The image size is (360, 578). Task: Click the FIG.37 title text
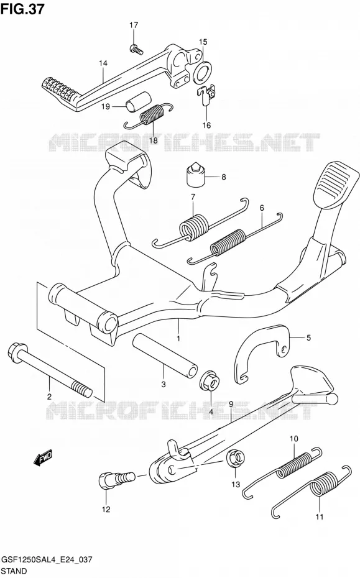(22, 9)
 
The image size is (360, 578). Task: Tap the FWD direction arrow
(43, 456)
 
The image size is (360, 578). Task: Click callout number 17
(134, 25)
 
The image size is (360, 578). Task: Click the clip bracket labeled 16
(205, 94)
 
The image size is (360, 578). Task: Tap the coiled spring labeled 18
(148, 116)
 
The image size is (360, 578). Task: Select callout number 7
(193, 197)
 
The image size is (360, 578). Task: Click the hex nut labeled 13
(235, 459)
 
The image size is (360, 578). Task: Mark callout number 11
(320, 517)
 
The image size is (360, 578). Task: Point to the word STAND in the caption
(14, 571)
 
